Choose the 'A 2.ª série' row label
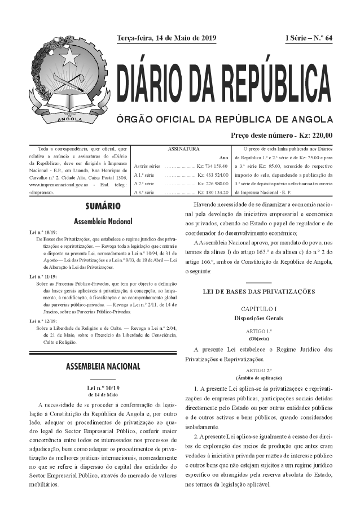[145, 184]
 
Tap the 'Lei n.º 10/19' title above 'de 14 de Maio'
[103, 388]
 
